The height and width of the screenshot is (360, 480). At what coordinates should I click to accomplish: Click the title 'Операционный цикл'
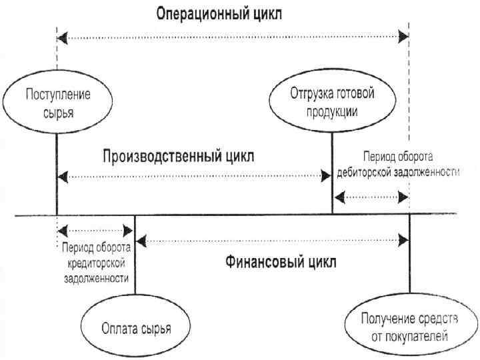point(219,13)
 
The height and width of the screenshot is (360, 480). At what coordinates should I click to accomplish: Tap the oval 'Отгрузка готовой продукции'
point(332,102)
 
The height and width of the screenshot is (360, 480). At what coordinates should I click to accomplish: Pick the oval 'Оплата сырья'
point(136,328)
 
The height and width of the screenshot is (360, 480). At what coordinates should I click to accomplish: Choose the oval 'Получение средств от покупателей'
point(409,327)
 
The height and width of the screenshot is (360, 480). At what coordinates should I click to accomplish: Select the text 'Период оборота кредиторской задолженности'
point(96,263)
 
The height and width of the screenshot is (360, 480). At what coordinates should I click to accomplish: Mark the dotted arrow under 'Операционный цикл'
point(233,38)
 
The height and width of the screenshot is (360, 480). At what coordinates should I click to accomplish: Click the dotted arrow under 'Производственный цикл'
point(194,176)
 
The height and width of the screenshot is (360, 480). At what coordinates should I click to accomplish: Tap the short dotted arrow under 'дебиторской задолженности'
point(371,197)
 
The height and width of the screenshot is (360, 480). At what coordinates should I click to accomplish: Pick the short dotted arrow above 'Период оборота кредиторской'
point(96,231)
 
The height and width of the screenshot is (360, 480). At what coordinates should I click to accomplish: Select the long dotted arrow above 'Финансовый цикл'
point(272,239)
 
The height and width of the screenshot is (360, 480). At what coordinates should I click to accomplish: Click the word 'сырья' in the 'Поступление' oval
point(58,111)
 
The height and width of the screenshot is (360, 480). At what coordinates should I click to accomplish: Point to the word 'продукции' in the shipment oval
point(332,111)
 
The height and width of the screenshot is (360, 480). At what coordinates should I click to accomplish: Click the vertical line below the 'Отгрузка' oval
point(332,173)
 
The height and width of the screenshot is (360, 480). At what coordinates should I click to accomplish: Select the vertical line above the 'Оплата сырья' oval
point(135,260)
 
